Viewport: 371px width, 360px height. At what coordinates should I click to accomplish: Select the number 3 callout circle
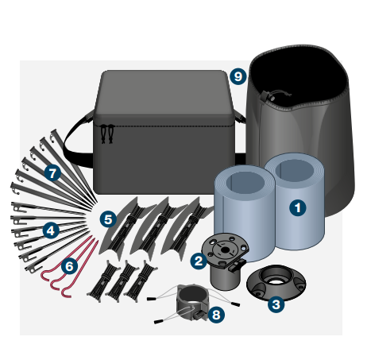(x=276, y=302)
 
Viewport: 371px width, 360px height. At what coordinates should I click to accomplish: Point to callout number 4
(x=50, y=230)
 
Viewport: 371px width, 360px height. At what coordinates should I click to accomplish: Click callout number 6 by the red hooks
(x=69, y=265)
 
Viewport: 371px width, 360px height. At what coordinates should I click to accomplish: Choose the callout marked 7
(x=52, y=171)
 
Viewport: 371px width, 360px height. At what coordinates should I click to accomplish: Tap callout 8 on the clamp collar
(x=217, y=315)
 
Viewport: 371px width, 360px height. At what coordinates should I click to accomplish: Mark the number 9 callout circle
(x=237, y=76)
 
